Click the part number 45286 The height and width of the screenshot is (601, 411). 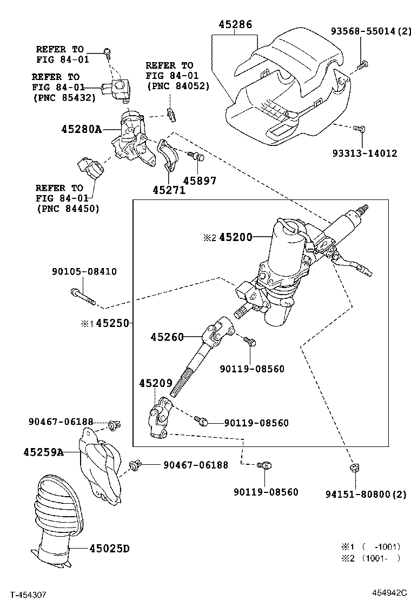pyautogui.click(x=235, y=24)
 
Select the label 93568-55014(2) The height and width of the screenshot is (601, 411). pyautogui.click(x=371, y=31)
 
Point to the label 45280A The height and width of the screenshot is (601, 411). pyautogui.click(x=81, y=129)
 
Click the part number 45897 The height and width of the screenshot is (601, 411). pyautogui.click(x=200, y=180)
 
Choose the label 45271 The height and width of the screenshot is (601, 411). pyautogui.click(x=169, y=190)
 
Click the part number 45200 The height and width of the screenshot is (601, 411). pyautogui.click(x=235, y=237)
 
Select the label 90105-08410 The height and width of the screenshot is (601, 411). pyautogui.click(x=84, y=271)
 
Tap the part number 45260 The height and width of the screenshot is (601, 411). pyautogui.click(x=168, y=337)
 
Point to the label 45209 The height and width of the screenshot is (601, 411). pyautogui.click(x=156, y=383)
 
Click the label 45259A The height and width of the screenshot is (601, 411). pyautogui.click(x=43, y=452)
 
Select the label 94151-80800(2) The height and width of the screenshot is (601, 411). pyautogui.click(x=366, y=494)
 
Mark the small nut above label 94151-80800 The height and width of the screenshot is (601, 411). pyautogui.click(x=355, y=468)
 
